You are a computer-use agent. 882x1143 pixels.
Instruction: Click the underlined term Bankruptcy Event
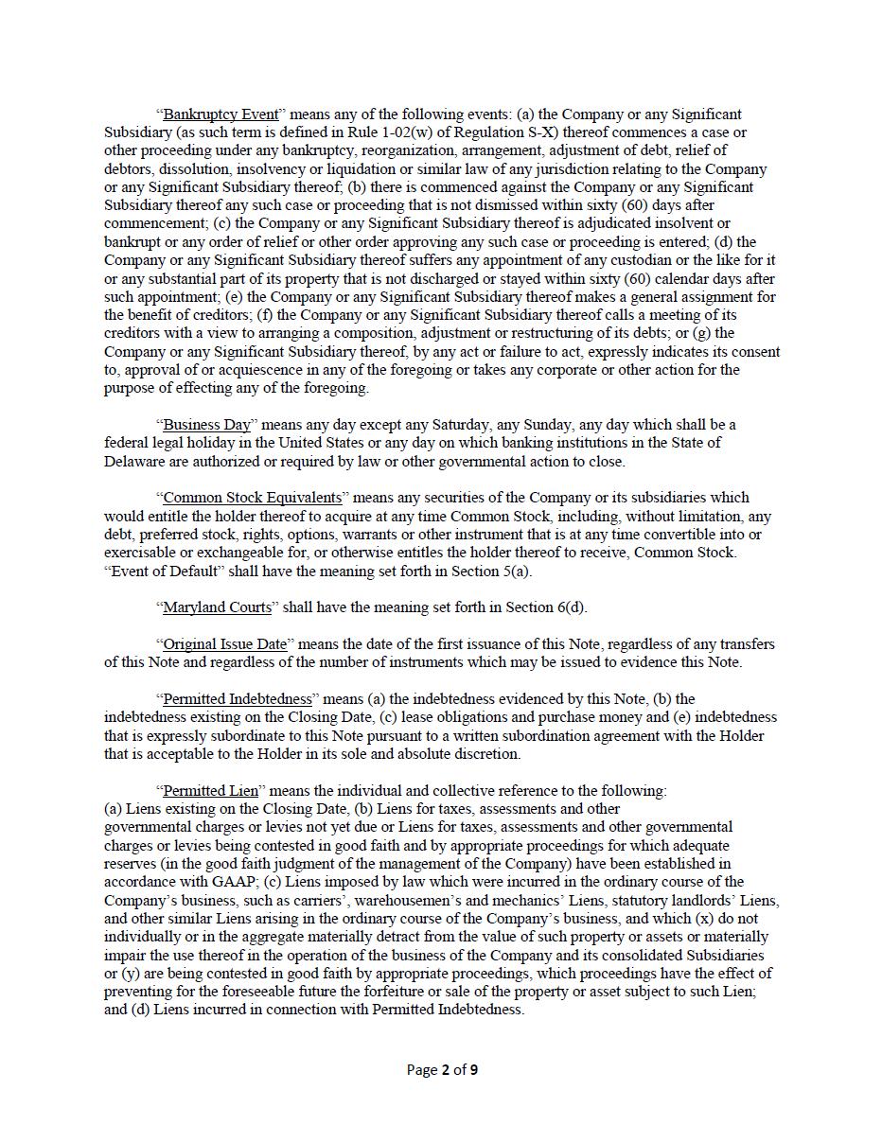click(221, 114)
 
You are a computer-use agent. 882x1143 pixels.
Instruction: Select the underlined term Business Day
click(207, 425)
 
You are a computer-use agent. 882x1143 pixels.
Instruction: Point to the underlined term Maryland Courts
click(218, 607)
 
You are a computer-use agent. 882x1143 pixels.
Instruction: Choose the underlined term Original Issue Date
click(225, 644)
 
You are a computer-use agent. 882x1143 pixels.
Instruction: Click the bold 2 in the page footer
click(445, 1070)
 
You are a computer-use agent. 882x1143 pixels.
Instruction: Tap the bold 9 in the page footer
click(473, 1070)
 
